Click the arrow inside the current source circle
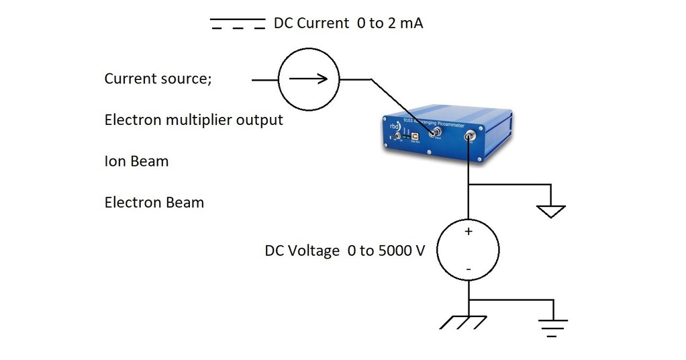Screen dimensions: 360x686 [x=309, y=79]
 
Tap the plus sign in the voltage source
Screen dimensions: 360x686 [x=469, y=231]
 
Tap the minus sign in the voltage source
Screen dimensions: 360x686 [x=469, y=269]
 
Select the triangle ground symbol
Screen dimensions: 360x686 [x=551, y=212]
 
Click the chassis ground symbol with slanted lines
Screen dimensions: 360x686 [x=463, y=322]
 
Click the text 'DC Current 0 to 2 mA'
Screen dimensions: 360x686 [x=348, y=24]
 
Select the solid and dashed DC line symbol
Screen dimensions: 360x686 [x=238, y=24]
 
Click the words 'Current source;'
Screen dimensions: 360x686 [x=158, y=79]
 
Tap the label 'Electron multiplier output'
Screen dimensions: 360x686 [x=193, y=120]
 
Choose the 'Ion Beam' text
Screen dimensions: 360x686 [x=136, y=161]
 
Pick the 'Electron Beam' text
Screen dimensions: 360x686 [x=154, y=202]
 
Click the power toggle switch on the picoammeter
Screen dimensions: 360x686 [x=398, y=137]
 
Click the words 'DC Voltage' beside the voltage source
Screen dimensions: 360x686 [x=302, y=251]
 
